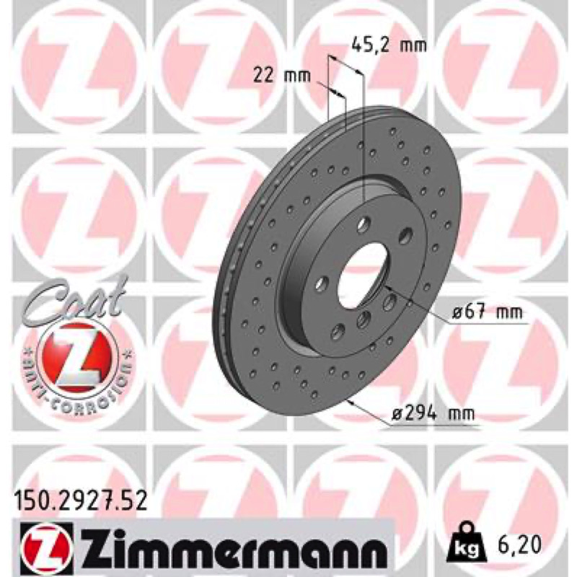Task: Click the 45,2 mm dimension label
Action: (x=389, y=45)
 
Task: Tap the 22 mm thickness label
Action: (x=282, y=76)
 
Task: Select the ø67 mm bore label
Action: (x=487, y=312)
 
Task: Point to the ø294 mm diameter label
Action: (x=431, y=414)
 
